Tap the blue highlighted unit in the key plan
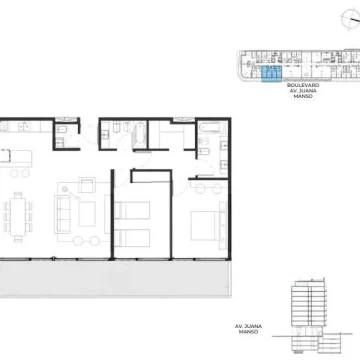[272, 74]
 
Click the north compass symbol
[351, 18]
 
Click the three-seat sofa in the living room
[62, 214]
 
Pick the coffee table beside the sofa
[87, 214]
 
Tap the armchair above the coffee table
[87, 185]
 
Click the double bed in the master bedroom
[204, 226]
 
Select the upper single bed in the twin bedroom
[132, 210]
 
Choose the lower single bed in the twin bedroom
[132, 238]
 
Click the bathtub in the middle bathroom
[140, 135]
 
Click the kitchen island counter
[16, 158]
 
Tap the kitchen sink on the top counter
[23, 126]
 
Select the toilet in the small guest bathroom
[61, 130]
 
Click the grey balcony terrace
[115, 278]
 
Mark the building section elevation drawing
[312, 315]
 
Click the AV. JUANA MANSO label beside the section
[248, 329]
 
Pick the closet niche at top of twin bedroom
[151, 176]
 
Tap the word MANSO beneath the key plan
[303, 96]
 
